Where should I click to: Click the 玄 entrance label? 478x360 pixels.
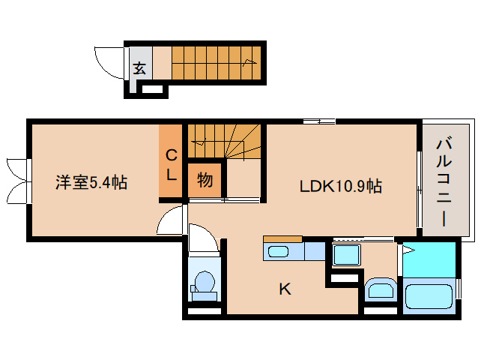139,67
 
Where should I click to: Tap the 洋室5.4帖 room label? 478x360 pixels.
91,182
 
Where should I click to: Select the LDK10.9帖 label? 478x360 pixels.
340,186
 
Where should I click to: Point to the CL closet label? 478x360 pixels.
171,165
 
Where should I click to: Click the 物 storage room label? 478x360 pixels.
205,180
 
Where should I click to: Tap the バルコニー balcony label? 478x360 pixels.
444,182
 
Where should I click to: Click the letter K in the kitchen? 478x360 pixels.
285,289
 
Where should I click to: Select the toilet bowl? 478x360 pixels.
204,281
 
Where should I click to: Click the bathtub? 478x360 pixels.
429,295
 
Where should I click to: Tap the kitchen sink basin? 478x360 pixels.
278,252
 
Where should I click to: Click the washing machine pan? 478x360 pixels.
347,254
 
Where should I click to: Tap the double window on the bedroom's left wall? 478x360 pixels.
19,181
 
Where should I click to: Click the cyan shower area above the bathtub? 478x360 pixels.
429,260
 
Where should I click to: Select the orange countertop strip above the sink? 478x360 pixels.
282,239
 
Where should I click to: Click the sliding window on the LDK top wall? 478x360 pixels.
319,121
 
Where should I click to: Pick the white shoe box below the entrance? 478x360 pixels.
152,89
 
